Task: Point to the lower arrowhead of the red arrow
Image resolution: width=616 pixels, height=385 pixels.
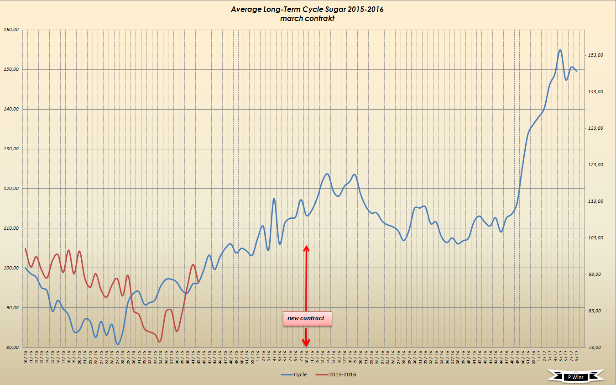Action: coord(307,343)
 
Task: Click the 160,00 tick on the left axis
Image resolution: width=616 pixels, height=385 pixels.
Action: coord(11,30)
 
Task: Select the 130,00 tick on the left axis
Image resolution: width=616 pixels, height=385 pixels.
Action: coord(11,149)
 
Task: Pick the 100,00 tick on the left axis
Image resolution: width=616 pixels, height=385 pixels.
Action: coord(11,268)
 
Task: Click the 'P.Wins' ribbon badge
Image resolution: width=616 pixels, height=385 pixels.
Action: coord(576,377)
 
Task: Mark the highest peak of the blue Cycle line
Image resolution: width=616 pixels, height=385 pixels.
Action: coord(560,50)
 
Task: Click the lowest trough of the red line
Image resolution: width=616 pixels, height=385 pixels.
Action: coord(160,341)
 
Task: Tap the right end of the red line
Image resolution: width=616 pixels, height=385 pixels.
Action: coord(198,282)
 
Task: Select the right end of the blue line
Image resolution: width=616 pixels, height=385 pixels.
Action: coord(576,71)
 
